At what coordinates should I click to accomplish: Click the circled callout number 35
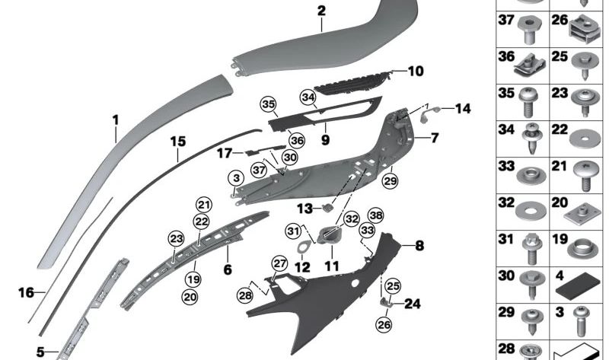268,104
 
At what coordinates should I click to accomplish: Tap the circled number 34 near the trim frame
308,97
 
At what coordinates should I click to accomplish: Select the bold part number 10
416,71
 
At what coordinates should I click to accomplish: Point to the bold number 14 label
463,109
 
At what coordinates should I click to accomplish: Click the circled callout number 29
391,180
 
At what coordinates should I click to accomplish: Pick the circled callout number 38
375,215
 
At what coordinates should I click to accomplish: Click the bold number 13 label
305,209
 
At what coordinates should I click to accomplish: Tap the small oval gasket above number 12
304,247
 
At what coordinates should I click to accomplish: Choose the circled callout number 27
279,263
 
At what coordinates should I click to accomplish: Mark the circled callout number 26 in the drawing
384,324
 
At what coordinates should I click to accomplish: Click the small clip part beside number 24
385,301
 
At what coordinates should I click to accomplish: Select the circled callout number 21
204,205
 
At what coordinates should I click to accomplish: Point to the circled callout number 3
236,178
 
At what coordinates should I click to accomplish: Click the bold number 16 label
26,292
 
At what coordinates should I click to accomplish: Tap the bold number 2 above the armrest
321,11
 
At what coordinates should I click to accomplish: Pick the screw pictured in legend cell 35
528,102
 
